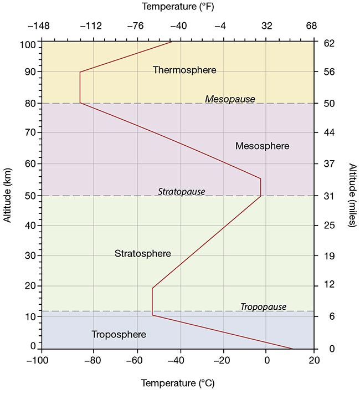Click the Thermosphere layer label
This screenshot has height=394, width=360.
184,70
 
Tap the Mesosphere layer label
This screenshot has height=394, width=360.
262,146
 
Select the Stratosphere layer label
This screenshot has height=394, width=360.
142,254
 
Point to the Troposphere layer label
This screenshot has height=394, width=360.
119,335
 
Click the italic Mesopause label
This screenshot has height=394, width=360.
230,99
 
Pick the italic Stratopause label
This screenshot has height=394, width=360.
181,192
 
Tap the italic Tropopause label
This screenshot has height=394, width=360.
263,307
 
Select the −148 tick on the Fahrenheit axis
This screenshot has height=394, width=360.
42,26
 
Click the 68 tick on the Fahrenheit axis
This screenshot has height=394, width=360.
312,26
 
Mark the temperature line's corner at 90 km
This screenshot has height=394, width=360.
80,72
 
